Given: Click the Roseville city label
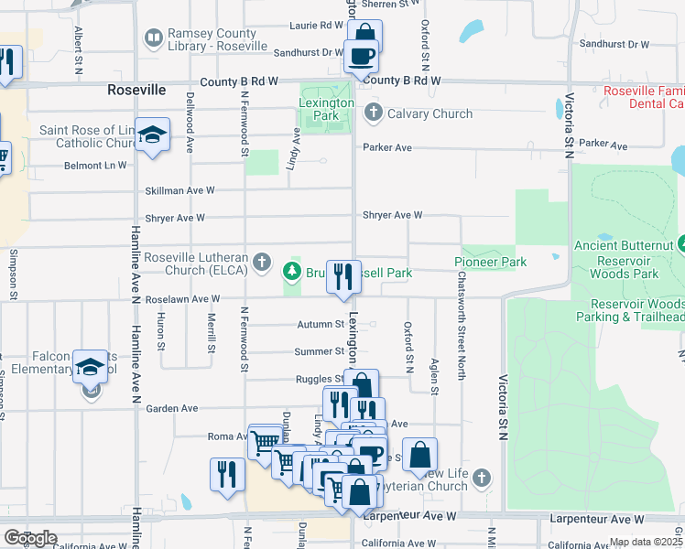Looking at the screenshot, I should click(x=136, y=91).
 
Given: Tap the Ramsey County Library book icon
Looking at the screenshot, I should click(x=153, y=37).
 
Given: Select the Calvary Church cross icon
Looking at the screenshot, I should click(x=373, y=113).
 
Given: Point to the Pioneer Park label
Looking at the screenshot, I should click(x=491, y=263).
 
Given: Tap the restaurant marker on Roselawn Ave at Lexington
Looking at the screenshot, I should click(x=343, y=276).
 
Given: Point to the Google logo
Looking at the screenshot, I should click(x=30, y=538).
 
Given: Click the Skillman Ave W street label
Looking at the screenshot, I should click(x=179, y=190).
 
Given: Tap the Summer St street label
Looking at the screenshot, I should click(x=319, y=351).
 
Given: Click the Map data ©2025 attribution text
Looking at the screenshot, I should click(x=647, y=543).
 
